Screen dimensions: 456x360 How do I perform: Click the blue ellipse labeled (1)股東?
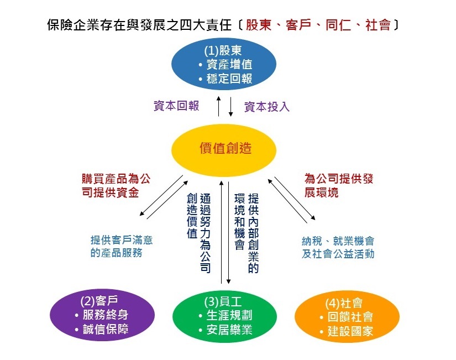pyautogui.click(x=224, y=64)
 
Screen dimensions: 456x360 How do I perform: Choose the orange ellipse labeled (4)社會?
pyautogui.click(x=347, y=317)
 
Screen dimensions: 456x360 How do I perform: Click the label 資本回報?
pyautogui.click(x=176, y=106)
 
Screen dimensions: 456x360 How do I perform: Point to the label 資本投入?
pyautogui.click(x=267, y=107)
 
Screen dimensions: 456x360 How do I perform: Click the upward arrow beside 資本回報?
pyautogui.click(x=219, y=107)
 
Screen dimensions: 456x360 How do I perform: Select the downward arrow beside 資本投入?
pyautogui.click(x=230, y=107)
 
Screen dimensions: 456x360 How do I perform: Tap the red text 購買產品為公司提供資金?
pyautogui.click(x=116, y=186)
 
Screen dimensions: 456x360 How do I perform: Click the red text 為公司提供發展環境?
pyautogui.click(x=338, y=186)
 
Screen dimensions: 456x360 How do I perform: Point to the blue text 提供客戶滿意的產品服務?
pyautogui.click(x=122, y=246)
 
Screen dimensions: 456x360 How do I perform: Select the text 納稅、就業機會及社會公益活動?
pyautogui.click(x=338, y=247)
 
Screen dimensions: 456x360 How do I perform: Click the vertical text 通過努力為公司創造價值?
pyautogui.click(x=198, y=233)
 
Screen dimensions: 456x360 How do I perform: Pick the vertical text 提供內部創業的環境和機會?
pyautogui.click(x=247, y=233)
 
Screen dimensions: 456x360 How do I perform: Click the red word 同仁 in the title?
pyautogui.click(x=338, y=25)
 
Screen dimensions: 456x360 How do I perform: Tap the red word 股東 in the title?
pyautogui.click(x=258, y=25)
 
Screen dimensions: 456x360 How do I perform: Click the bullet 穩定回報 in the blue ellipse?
pyautogui.click(x=226, y=79)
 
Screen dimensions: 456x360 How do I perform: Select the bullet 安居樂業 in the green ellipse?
pyautogui.click(x=226, y=330)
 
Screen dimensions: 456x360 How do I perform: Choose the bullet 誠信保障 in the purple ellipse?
pyautogui.click(x=102, y=329)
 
